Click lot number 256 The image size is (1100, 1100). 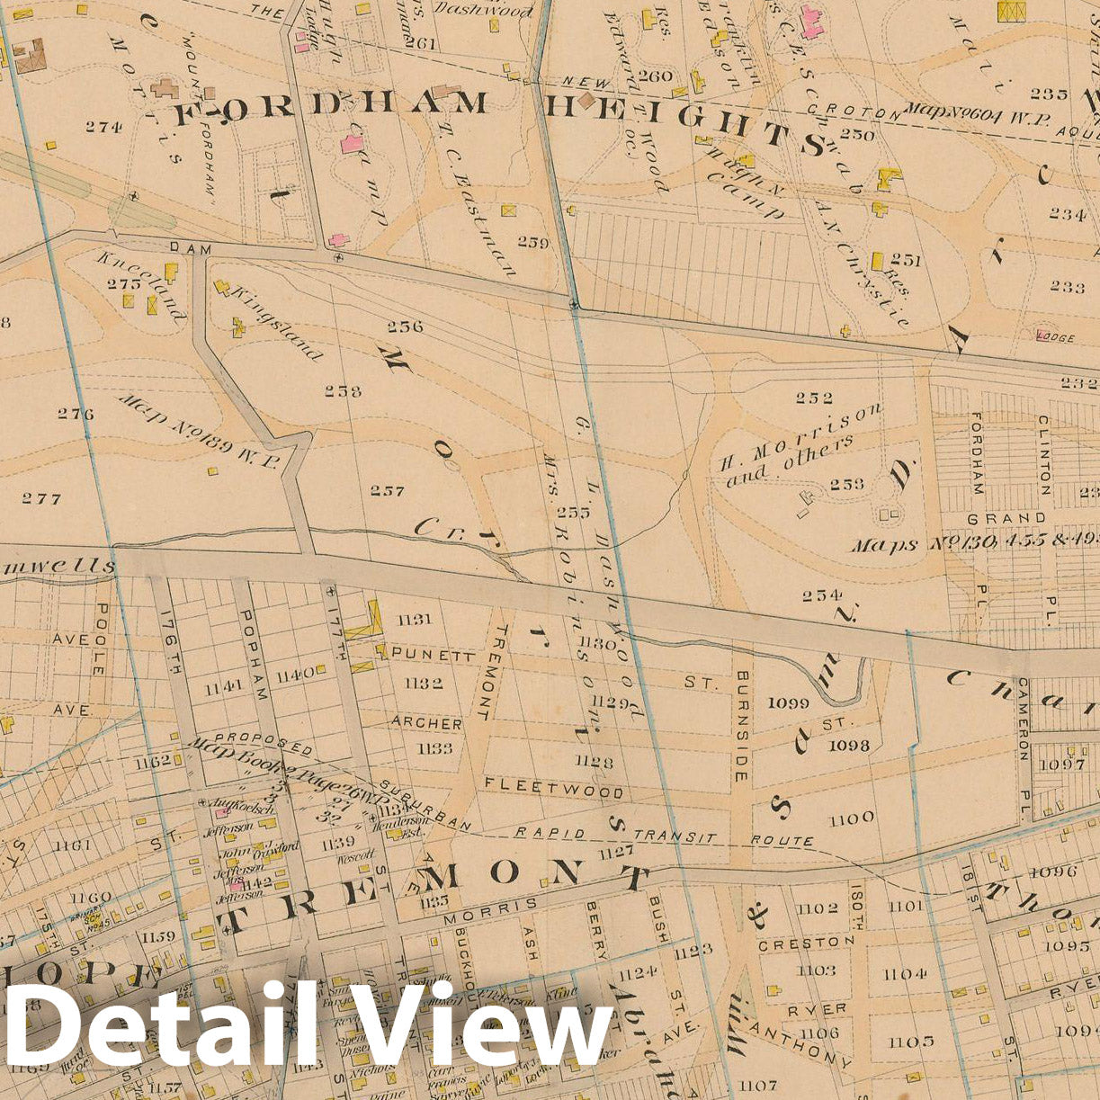tap(406, 326)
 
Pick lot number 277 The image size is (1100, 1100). tap(41, 498)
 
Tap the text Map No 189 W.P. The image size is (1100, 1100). tap(200, 431)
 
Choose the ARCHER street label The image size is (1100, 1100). tap(426, 723)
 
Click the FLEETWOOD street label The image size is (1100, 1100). tap(553, 788)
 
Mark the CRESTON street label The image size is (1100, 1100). tap(806, 943)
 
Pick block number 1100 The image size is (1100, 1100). tap(851, 818)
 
